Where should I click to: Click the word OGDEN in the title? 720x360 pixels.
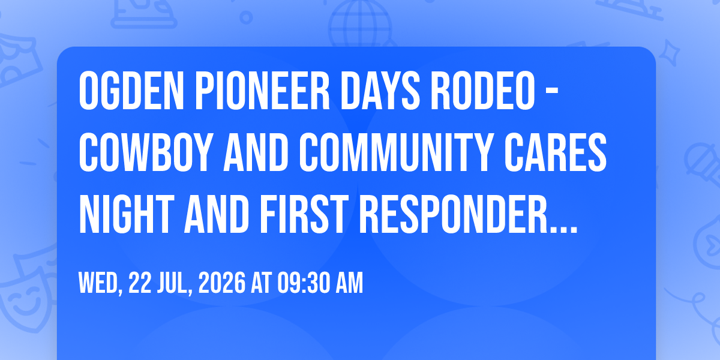(x=131, y=91)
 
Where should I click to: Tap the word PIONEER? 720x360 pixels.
(x=262, y=91)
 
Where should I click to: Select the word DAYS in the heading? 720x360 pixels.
(x=380, y=91)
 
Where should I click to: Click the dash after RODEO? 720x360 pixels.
(x=552, y=92)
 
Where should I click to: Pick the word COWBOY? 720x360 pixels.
(x=145, y=152)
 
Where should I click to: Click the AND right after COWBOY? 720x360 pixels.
(x=256, y=152)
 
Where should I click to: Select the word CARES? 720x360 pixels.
(x=555, y=152)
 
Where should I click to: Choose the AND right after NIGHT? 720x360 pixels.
(x=217, y=214)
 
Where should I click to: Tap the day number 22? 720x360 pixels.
(x=140, y=283)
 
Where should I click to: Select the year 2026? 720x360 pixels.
(x=222, y=283)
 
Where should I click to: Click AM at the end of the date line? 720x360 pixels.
(x=349, y=283)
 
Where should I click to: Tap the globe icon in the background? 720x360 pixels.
(x=361, y=24)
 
